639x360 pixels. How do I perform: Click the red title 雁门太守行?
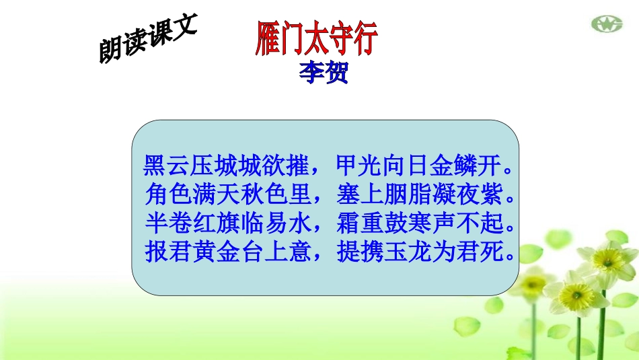317,39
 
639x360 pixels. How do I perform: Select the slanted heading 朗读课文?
146,40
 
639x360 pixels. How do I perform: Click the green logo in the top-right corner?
607,25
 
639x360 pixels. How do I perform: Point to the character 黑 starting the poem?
155,165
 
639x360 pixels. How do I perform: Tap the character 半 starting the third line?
155,223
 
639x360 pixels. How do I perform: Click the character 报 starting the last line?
155,252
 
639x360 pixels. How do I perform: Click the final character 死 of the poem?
490,252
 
